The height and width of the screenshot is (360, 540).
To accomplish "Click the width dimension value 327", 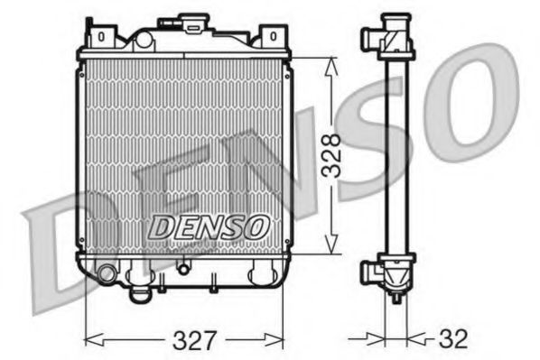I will point(195,340).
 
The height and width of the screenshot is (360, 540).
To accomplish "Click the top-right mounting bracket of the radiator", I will point(272,37).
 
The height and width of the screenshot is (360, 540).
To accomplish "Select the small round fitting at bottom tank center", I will point(183,267).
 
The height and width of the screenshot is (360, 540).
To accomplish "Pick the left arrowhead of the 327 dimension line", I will point(88,340).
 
